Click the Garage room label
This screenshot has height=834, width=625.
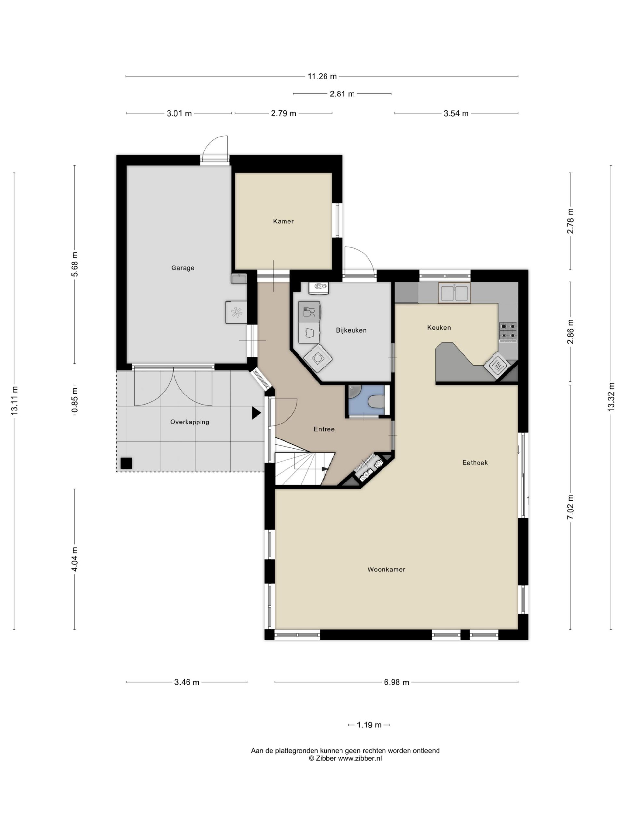[183, 268]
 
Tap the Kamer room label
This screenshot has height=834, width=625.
[283, 221]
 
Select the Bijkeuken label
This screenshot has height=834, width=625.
[351, 330]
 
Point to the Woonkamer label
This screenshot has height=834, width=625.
[386, 570]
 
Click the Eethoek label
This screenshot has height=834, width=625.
[475, 463]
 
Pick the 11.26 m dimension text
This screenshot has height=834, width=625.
[322, 77]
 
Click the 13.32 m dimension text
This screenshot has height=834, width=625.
[611, 397]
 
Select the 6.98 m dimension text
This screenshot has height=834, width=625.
[397, 683]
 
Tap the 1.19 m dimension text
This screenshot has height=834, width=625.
[369, 725]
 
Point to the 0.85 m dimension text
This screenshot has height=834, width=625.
[75, 401]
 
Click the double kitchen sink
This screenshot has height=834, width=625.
[455, 293]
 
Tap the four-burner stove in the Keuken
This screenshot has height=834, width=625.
[508, 332]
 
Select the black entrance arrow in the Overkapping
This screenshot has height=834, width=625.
[256, 413]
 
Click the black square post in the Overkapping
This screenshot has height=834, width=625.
[126, 463]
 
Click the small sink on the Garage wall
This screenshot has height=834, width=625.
[239, 279]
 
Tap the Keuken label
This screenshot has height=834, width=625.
[439, 328]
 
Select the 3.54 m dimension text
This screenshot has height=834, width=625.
[456, 113]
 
